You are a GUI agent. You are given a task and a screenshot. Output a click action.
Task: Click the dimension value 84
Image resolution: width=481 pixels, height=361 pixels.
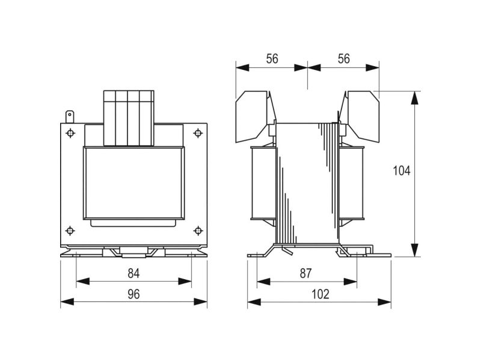pyautogui.click(x=133, y=273)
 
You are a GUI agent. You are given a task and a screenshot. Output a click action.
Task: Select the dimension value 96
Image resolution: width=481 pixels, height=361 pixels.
pyautogui.click(x=133, y=294)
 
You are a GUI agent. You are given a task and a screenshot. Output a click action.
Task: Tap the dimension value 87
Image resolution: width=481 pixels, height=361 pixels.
pyautogui.click(x=305, y=273)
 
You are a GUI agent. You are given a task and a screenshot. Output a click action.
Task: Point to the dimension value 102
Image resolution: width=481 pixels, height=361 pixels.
pyautogui.click(x=320, y=294)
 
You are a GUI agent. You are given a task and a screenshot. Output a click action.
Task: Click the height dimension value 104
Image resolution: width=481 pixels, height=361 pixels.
pyautogui.click(x=402, y=171)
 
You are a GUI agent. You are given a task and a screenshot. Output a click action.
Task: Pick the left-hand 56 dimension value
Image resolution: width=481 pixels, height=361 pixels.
pyautogui.click(x=272, y=58)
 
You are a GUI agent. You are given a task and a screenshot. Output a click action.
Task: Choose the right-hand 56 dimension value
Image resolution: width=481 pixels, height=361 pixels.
pyautogui.click(x=343, y=58)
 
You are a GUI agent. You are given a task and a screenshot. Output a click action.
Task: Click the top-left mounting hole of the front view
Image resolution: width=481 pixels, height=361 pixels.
pyautogui.click(x=70, y=133)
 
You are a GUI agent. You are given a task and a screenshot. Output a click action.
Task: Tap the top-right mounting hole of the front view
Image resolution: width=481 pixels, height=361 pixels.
pyautogui.click(x=198, y=133)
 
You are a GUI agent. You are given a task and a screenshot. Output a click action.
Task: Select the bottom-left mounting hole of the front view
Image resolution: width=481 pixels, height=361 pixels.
pyautogui.click(x=70, y=230)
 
